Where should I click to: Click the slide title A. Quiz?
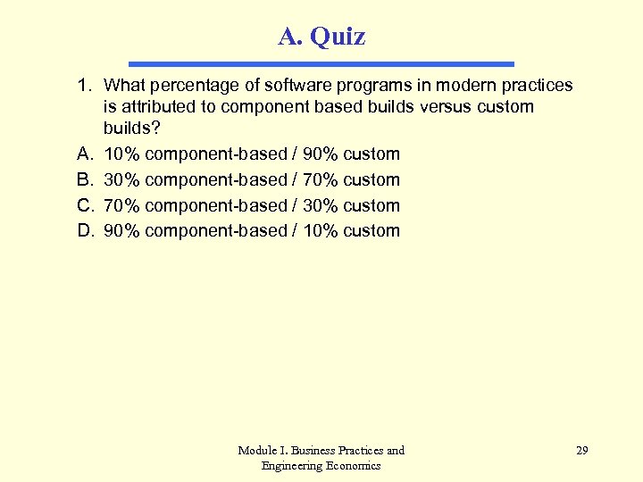pyautogui.click(x=321, y=37)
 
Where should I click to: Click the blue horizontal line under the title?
pyautogui.click(x=321, y=64)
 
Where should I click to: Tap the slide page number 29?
pyautogui.click(x=581, y=451)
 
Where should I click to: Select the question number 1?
pyautogui.click(x=84, y=86)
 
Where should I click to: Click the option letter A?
pyautogui.click(x=85, y=154)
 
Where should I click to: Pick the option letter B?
pyautogui.click(x=85, y=179)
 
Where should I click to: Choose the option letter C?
pyautogui.click(x=85, y=205)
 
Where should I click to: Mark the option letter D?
pyautogui.click(x=85, y=230)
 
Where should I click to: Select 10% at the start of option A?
pyautogui.click(x=122, y=154)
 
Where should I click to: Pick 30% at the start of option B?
pyautogui.click(x=122, y=179)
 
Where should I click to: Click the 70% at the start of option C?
pyautogui.click(x=122, y=205)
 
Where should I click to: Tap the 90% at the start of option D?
pyautogui.click(x=122, y=230)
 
